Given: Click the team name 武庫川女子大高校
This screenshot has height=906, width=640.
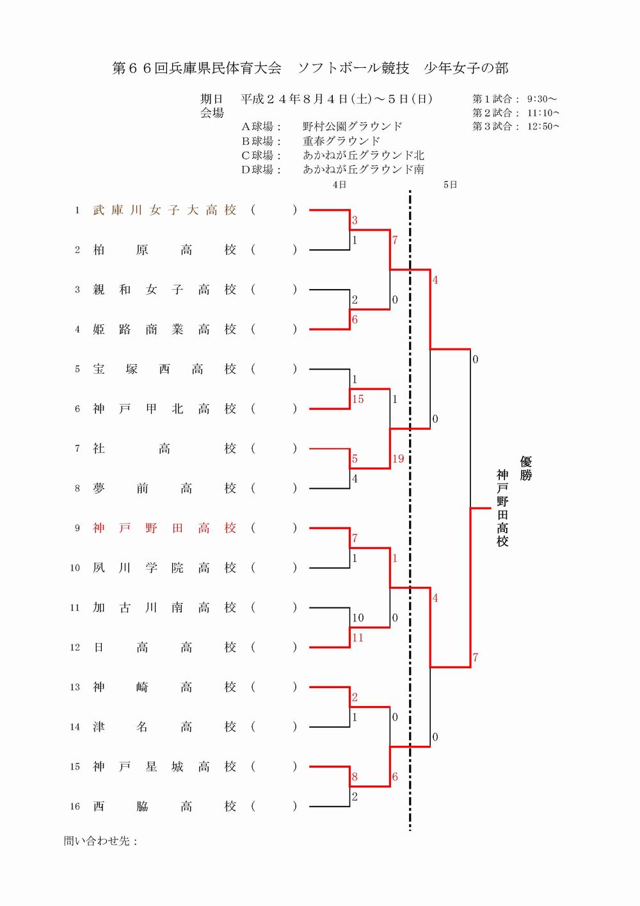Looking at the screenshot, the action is (x=164, y=210).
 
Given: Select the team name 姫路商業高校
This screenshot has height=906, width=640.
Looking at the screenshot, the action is (x=164, y=329).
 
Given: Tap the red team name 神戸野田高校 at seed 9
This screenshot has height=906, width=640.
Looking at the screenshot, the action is (x=164, y=528).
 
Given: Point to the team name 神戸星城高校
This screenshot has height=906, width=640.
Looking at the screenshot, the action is (x=164, y=766).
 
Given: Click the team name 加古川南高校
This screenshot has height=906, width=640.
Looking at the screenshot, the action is (x=164, y=607).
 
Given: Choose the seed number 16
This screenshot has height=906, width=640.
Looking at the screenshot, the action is (x=75, y=807).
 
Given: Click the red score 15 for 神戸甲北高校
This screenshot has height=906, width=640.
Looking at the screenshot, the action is (x=358, y=399).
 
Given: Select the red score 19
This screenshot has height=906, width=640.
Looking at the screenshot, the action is (x=398, y=459).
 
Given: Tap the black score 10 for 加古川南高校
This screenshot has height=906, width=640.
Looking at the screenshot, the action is (x=358, y=618).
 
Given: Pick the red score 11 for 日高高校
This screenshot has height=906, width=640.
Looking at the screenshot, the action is (x=358, y=638).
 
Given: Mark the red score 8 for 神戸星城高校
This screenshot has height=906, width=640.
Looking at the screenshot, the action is (x=355, y=777).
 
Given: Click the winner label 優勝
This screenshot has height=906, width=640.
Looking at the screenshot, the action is (x=525, y=468).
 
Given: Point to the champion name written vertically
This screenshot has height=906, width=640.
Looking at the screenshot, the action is (x=502, y=508).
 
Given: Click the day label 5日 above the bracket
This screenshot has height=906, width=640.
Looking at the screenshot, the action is (x=450, y=185).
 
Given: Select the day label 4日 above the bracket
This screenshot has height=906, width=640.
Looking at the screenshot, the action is (x=339, y=185).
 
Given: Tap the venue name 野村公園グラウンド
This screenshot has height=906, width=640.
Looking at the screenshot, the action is (x=353, y=127).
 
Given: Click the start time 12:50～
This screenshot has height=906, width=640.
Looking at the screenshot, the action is (x=543, y=127).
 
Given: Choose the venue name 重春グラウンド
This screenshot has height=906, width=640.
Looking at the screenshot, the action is (x=342, y=141).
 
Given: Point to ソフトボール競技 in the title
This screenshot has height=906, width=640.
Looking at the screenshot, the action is (x=353, y=69).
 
